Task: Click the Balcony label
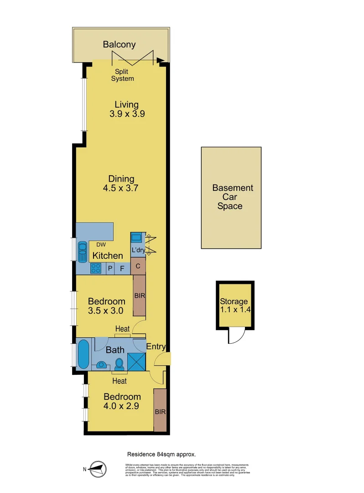(x=119, y=44)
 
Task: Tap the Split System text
(x=124, y=75)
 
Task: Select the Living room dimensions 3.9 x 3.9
(x=127, y=115)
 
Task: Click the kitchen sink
(x=83, y=252)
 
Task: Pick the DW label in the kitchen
(x=101, y=244)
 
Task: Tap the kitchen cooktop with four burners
(x=96, y=268)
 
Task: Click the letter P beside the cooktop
(x=110, y=268)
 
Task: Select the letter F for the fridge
(x=122, y=268)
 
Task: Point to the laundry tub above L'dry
(x=136, y=238)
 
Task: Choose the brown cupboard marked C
(x=138, y=266)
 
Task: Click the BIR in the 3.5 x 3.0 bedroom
(x=139, y=295)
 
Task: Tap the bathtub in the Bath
(x=83, y=353)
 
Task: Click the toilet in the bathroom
(x=120, y=364)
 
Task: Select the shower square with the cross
(x=136, y=361)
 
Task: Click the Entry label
(x=156, y=347)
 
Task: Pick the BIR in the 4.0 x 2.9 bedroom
(x=160, y=411)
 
